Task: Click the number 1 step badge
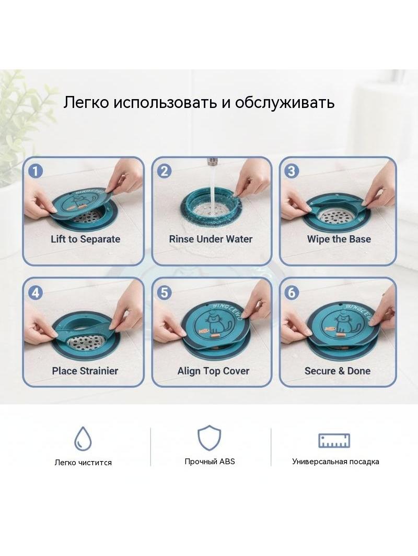tap(36, 171)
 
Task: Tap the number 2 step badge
tap(164, 171)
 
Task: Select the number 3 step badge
tap(292, 171)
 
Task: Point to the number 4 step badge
tap(36, 293)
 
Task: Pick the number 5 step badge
tap(164, 293)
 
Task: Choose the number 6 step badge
tap(292, 293)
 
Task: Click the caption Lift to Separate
tap(85, 239)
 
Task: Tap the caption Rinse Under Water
tap(211, 239)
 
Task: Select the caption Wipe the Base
tap(339, 239)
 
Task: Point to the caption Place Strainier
tap(85, 371)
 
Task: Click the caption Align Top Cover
tap(213, 371)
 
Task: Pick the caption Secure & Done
tap(338, 371)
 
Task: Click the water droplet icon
tap(83, 439)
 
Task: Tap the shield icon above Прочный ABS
tap(209, 438)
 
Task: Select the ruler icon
tap(334, 440)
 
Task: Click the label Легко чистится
tap(83, 463)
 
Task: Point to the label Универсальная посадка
tap(335, 462)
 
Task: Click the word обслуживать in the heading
tap(285, 102)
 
